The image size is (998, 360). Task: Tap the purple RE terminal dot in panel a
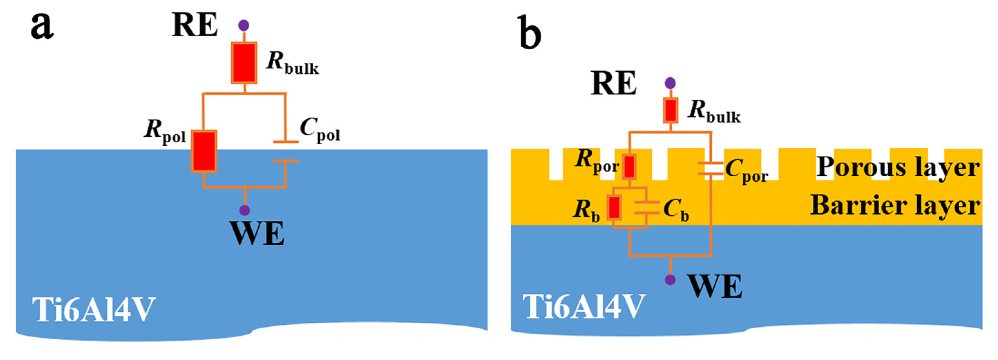tap(244, 26)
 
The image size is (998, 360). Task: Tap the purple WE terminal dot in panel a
tap(244, 210)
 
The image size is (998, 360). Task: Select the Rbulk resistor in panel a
tap(244, 63)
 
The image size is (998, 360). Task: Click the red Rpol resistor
tap(204, 151)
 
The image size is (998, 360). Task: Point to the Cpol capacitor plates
tap(285, 151)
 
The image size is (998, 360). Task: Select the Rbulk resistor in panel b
tap(671, 110)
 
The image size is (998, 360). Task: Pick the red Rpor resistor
tap(629, 166)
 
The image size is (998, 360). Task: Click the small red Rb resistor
tap(614, 207)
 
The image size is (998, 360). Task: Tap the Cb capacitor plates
tap(647, 208)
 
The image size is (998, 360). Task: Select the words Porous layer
tap(898, 167)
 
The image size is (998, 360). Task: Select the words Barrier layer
tap(895, 205)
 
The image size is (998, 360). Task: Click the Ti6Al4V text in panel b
tap(583, 306)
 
